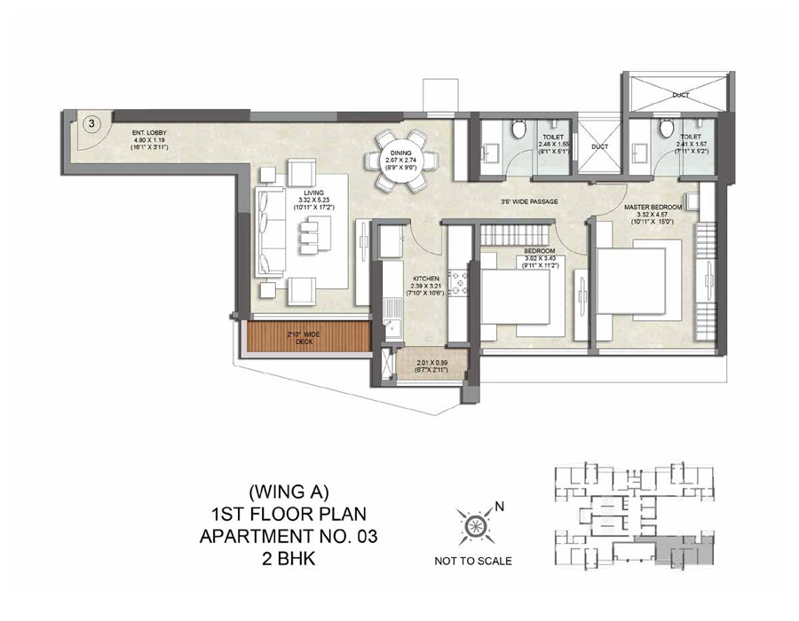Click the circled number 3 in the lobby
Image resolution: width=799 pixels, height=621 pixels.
click(92, 124)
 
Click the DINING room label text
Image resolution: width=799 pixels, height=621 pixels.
click(405, 153)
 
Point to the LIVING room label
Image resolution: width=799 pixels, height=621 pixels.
click(312, 193)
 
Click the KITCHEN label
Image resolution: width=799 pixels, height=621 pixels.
click(425, 279)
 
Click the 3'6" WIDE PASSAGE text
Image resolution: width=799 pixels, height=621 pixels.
click(529, 201)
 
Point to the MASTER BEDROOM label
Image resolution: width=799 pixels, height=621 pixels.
click(653, 207)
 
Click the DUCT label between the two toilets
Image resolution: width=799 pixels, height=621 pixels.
click(599, 146)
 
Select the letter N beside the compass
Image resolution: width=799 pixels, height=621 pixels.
click(499, 507)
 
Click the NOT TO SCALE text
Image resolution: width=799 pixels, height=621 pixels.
click(472, 561)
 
